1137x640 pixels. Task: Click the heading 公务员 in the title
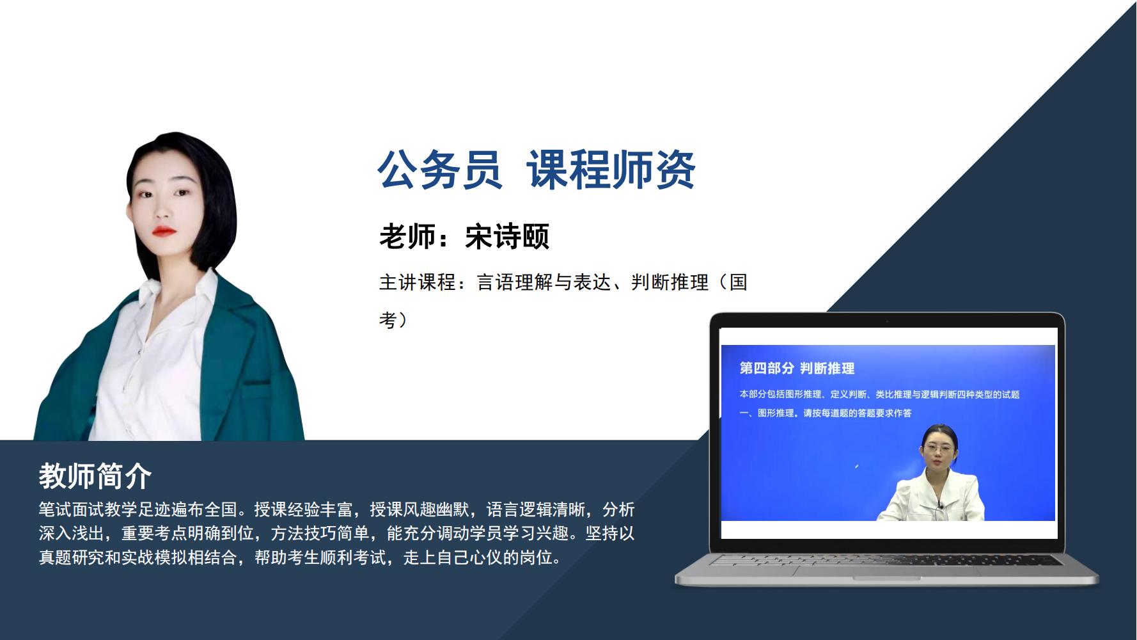pos(439,170)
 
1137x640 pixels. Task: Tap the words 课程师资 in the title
pos(611,170)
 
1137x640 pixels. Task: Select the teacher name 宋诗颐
pos(507,236)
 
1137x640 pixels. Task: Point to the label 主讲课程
pos(417,282)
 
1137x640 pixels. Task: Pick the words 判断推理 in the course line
pos(670,282)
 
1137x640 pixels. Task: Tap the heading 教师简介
pos(95,476)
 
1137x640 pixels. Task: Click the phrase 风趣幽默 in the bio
pos(437,509)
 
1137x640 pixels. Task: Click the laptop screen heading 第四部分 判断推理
pos(797,368)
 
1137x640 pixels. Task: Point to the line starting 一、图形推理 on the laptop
pos(826,413)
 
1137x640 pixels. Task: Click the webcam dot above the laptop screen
pos(887,321)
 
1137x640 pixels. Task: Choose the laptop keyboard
pos(887,559)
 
